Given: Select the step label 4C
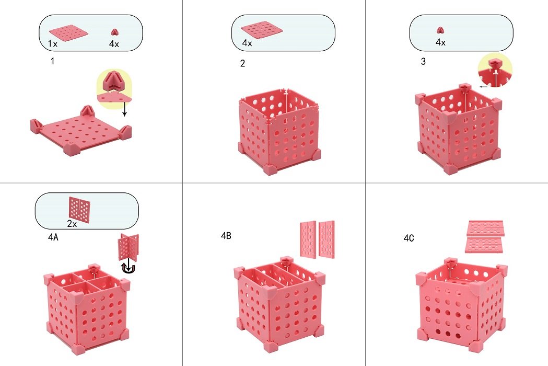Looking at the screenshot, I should pos(409,238).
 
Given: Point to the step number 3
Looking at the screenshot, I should pos(423,62).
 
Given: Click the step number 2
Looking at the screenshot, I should pos(241,64).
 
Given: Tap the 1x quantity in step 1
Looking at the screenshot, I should pos(52,44).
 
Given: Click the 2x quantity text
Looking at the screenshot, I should pos(72,223).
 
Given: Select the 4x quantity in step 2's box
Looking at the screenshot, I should pos(247,43).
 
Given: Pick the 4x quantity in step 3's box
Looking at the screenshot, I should pos(440,42).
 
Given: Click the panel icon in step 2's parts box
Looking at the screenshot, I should pos(261,29).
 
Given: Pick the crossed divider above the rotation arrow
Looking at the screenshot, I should pos(129,247).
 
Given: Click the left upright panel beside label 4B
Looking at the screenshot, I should pos(308,239).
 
